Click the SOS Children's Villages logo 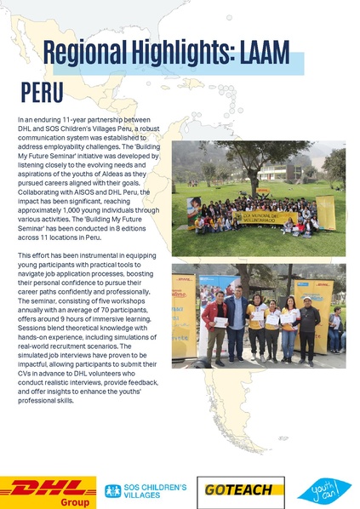pyautogui.click(x=145, y=490)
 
